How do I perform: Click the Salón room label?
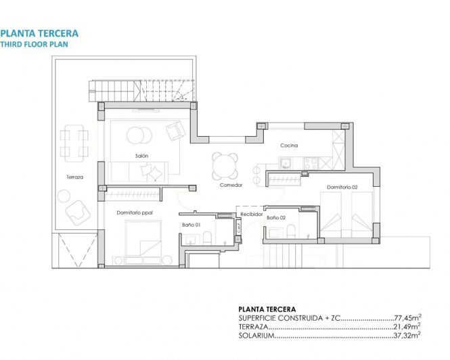coord(141,156)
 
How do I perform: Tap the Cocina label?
coord(290,146)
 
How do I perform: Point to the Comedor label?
coord(231,185)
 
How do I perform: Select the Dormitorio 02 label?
coord(342,187)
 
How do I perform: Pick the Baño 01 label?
coord(190,225)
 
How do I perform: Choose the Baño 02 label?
coord(276,218)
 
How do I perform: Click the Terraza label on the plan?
coord(74,177)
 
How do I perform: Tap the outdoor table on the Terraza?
coord(73,142)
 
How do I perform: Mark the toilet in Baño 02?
coord(291,232)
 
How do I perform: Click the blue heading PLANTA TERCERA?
coord(39,32)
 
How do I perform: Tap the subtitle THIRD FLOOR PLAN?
coord(35,44)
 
